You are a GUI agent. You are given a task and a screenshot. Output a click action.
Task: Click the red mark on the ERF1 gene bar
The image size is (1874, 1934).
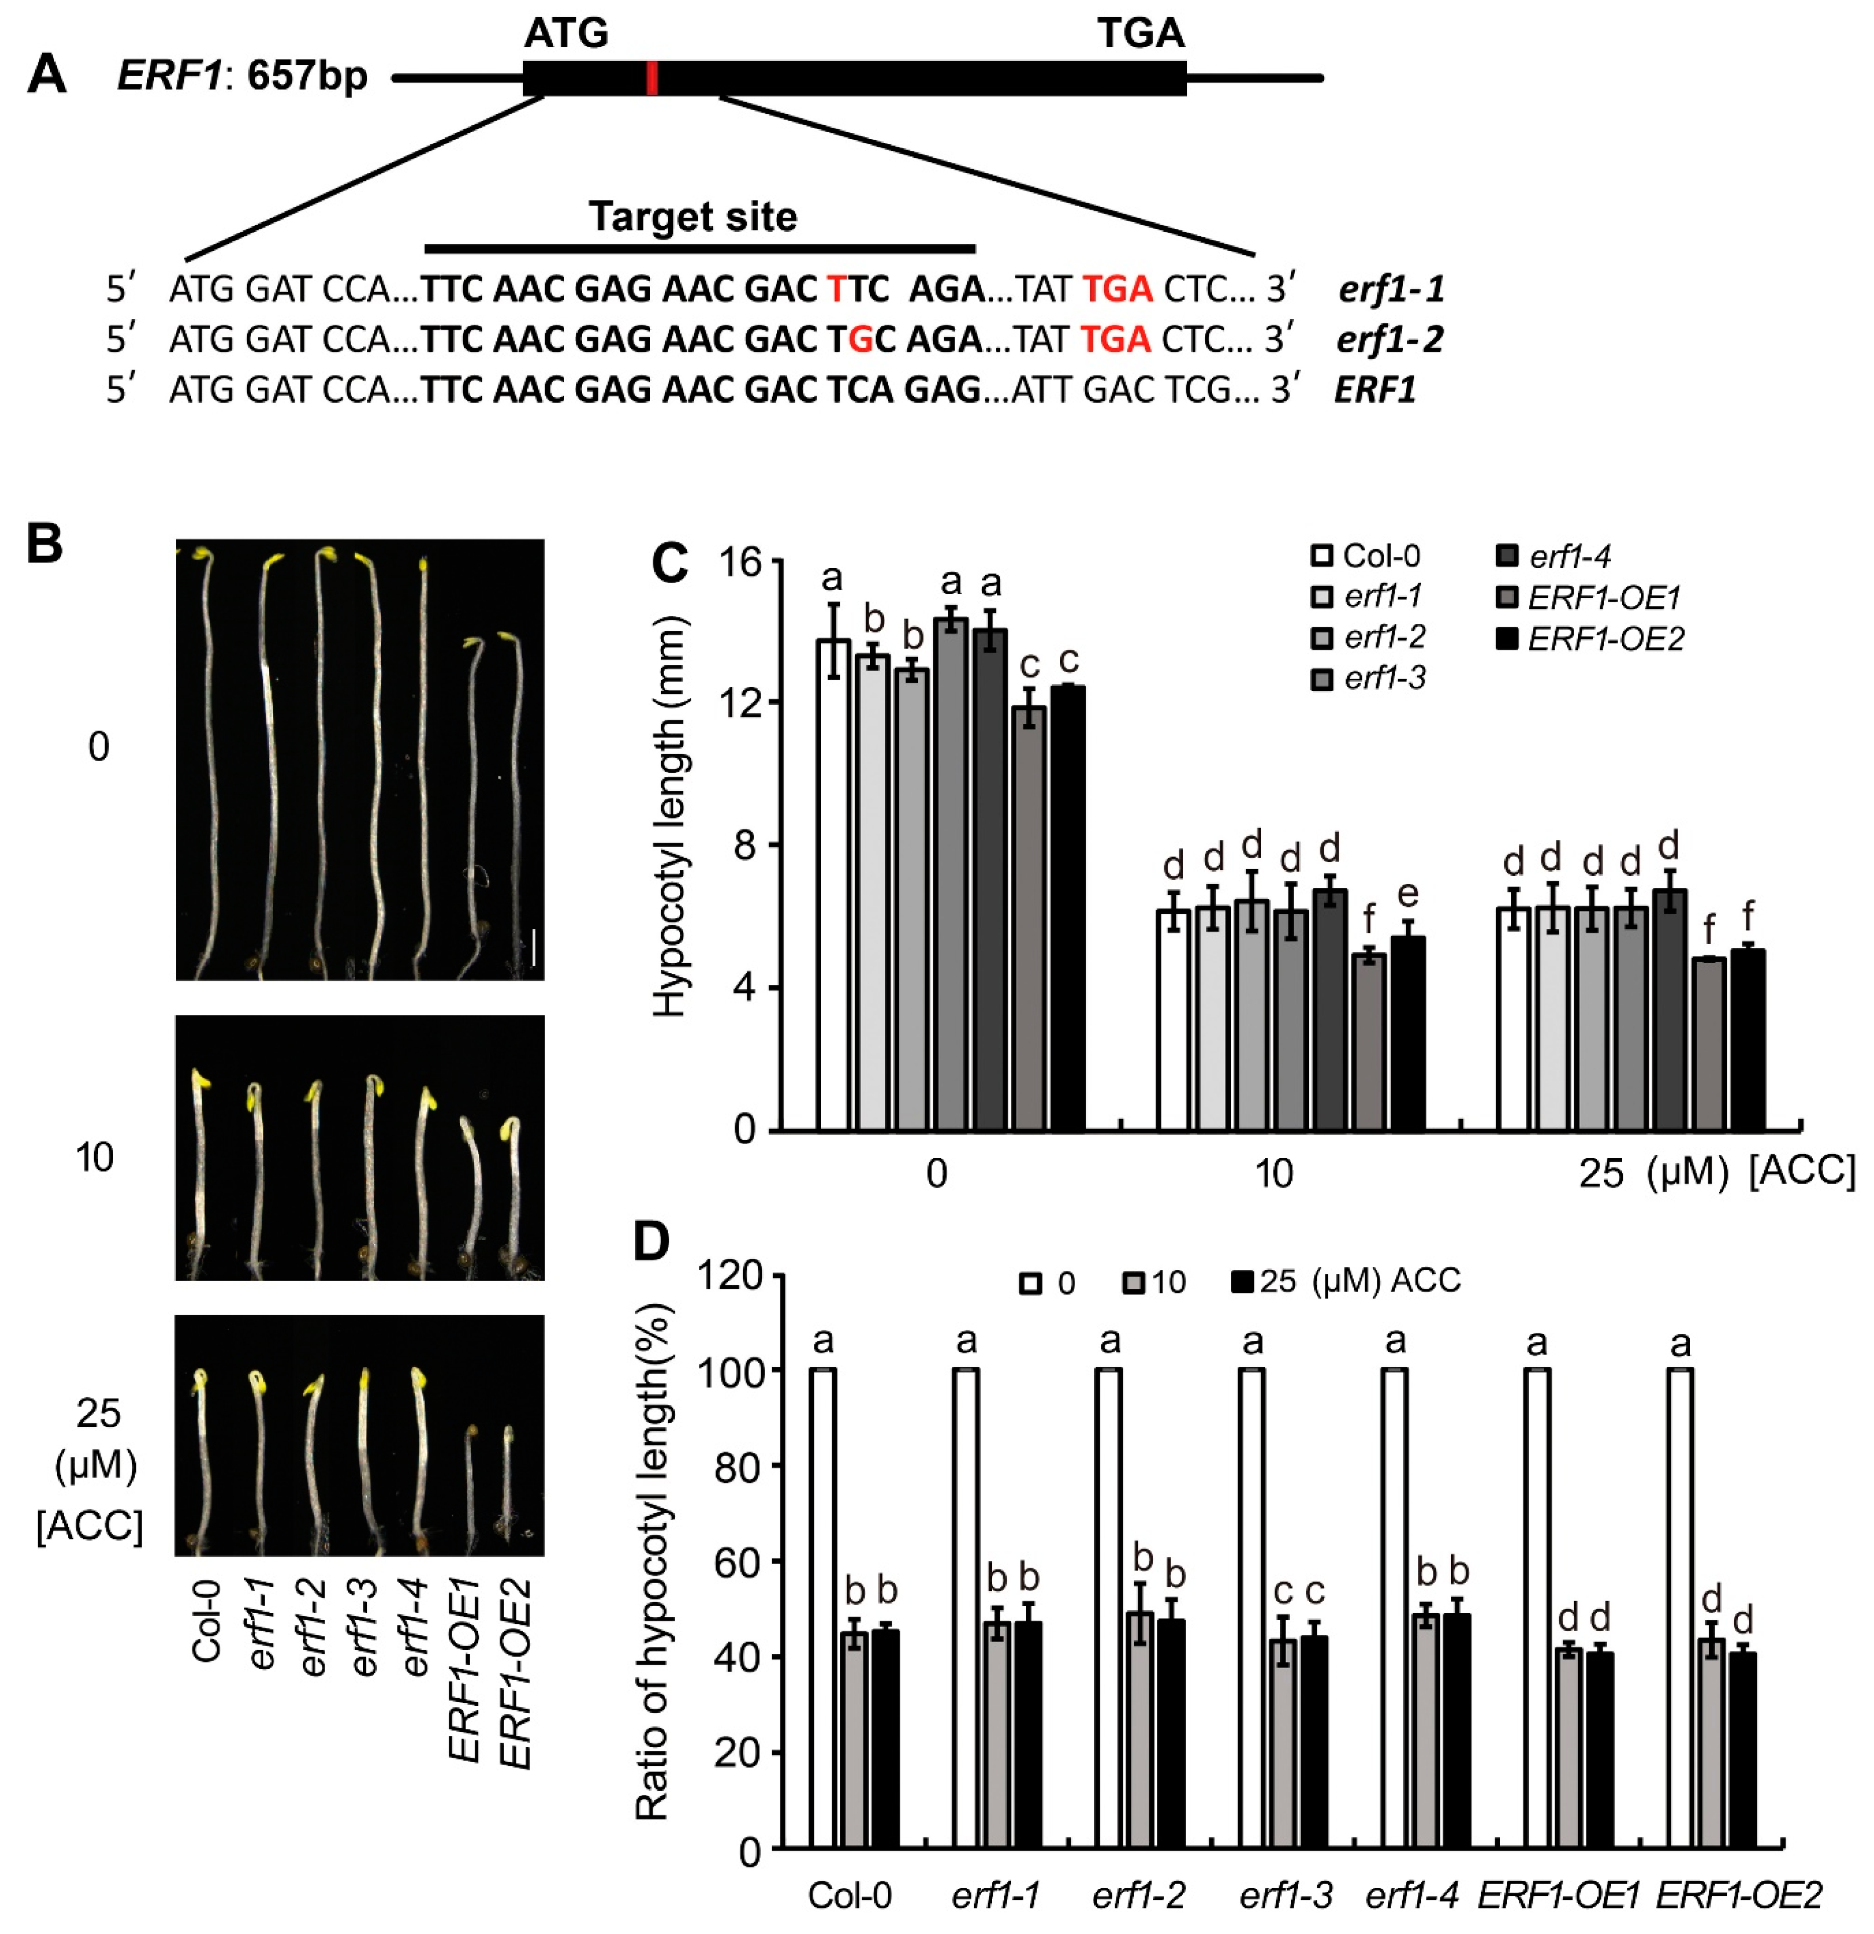tap(652, 78)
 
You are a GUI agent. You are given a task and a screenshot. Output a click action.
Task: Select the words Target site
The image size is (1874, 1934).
tap(692, 216)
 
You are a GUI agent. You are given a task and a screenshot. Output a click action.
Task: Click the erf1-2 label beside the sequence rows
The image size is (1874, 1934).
tap(1390, 339)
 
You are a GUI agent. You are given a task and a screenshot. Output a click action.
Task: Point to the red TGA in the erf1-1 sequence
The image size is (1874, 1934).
tap(1117, 289)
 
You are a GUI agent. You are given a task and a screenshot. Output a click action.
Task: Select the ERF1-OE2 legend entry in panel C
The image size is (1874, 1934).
tap(1590, 639)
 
